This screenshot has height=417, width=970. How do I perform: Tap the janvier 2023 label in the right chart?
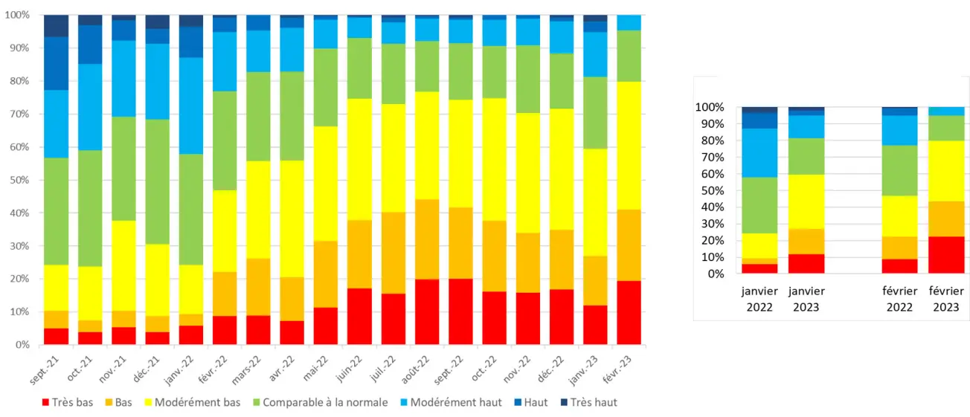click(x=806, y=299)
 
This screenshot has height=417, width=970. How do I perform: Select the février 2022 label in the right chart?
click(x=899, y=299)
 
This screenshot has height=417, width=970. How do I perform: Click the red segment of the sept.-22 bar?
click(x=460, y=311)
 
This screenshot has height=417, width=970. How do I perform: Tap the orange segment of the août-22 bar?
click(x=427, y=239)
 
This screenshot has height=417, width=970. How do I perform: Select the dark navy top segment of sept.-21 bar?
click(x=57, y=25)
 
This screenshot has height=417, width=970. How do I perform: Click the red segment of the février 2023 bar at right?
click(x=945, y=255)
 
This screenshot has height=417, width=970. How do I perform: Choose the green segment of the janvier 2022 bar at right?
click(x=759, y=205)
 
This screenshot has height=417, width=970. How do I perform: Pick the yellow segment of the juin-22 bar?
click(x=359, y=159)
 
